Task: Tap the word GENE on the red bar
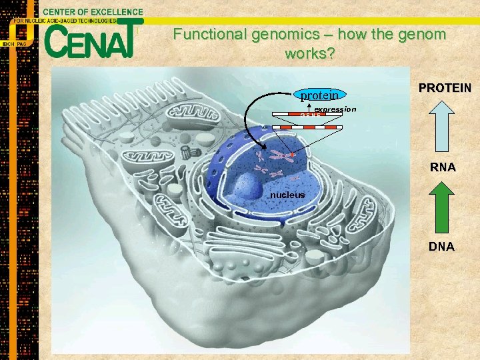click(x=311, y=116)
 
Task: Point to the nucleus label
click(x=287, y=195)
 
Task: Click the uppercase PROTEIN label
click(x=445, y=88)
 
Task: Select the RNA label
click(x=443, y=167)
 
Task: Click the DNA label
click(x=441, y=247)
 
